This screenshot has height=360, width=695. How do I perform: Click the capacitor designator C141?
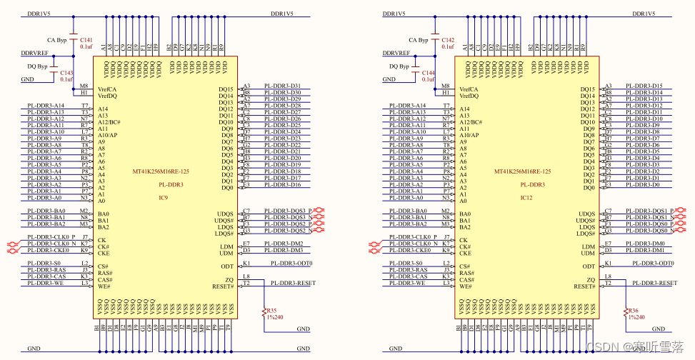pyautogui.click(x=86, y=39)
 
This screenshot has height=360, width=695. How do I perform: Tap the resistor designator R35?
pyautogui.click(x=271, y=311)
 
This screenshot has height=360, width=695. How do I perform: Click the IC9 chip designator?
pyautogui.click(x=163, y=198)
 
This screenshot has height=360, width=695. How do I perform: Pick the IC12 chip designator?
pyautogui.click(x=526, y=198)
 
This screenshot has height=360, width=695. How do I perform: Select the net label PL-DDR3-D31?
pyautogui.click(x=282, y=86)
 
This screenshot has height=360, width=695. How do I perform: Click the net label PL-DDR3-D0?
pyautogui.click(x=642, y=185)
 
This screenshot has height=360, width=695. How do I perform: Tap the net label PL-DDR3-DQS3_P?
pyautogui.click(x=284, y=211)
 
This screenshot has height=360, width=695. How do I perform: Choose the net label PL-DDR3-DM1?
pyautogui.click(x=644, y=251)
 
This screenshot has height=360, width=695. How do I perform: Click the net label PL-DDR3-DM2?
pyautogui.click(x=283, y=244)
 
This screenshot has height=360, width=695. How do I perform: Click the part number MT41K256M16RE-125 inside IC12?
pyautogui.click(x=523, y=171)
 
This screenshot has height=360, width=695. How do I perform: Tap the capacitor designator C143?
pyautogui.click(x=66, y=73)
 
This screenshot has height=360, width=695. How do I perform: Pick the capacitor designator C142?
pyautogui.click(x=448, y=39)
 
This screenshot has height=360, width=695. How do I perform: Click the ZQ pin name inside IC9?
pyautogui.click(x=230, y=279)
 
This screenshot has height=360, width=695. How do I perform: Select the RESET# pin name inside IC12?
pyautogui.click(x=584, y=286)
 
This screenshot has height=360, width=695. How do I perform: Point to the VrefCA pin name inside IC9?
pyautogui.click(x=107, y=89)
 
